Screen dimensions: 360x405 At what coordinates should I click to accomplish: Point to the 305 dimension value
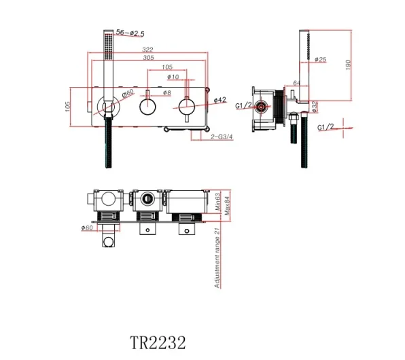(148, 59)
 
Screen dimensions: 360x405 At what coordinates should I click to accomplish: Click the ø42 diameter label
(219, 101)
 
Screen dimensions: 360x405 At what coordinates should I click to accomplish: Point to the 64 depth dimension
(297, 84)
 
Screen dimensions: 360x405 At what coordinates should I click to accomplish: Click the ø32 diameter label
(315, 106)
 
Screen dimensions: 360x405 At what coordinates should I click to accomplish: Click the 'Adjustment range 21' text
(217, 258)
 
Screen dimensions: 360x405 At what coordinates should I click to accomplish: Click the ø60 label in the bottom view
(86, 228)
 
